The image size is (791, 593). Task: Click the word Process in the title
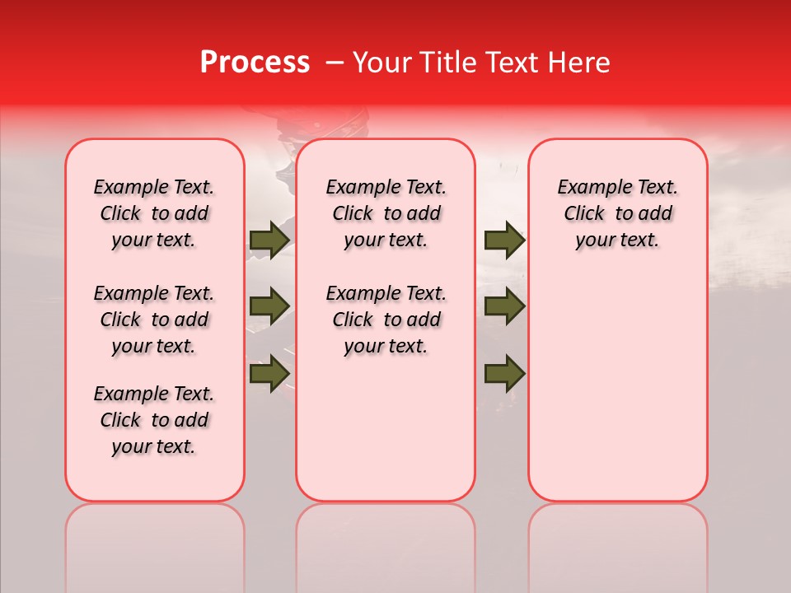click(x=255, y=63)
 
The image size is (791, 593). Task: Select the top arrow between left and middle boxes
click(x=269, y=240)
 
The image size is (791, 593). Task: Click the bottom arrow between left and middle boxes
click(x=269, y=373)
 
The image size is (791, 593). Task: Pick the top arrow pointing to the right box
click(x=504, y=240)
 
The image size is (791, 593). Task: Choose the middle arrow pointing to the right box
click(x=504, y=306)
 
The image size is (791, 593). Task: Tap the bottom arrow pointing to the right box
click(x=504, y=373)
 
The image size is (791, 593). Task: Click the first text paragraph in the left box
click(x=154, y=213)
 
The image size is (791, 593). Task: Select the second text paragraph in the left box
click(x=154, y=320)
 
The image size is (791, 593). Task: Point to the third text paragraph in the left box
click(x=154, y=420)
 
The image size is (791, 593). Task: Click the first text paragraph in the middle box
click(x=386, y=213)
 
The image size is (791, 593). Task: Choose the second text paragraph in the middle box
click(x=386, y=320)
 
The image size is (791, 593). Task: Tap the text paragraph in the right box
click(x=617, y=213)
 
